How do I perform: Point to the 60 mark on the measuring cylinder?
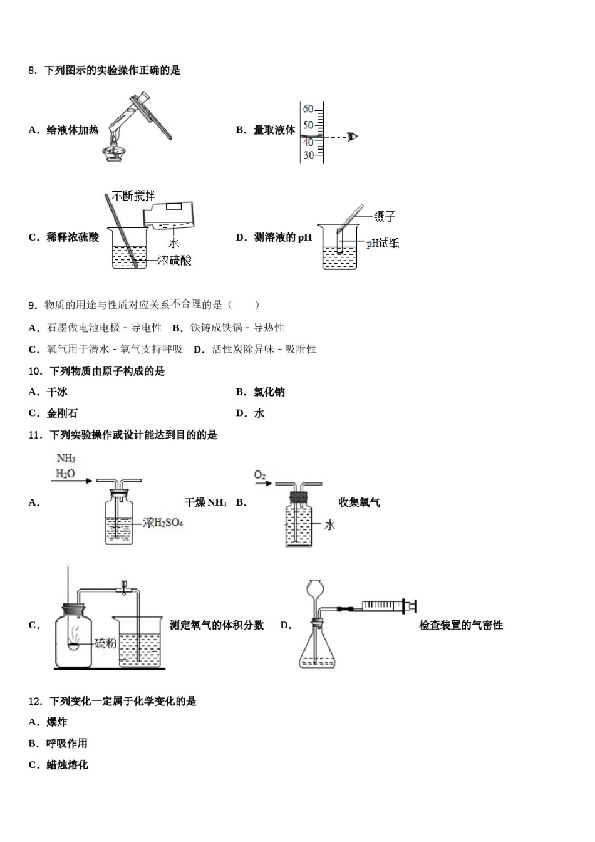[308, 109]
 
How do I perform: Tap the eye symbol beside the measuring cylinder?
[353, 137]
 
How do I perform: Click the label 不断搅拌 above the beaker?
[133, 196]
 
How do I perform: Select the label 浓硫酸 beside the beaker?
[175, 260]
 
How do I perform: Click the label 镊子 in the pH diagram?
[385, 217]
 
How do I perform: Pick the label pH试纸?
[382, 243]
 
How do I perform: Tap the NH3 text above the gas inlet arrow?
[66, 459]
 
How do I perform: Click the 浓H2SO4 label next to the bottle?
[163, 522]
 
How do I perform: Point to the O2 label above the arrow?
[260, 476]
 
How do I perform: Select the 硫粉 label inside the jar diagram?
[105, 643]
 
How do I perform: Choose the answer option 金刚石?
[62, 413]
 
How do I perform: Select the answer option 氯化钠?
[269, 392]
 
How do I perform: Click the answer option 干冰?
[57, 392]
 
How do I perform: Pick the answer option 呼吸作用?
[67, 744]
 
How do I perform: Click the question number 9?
[33, 305]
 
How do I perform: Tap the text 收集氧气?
[359, 502]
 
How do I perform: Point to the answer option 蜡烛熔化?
[67, 765]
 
